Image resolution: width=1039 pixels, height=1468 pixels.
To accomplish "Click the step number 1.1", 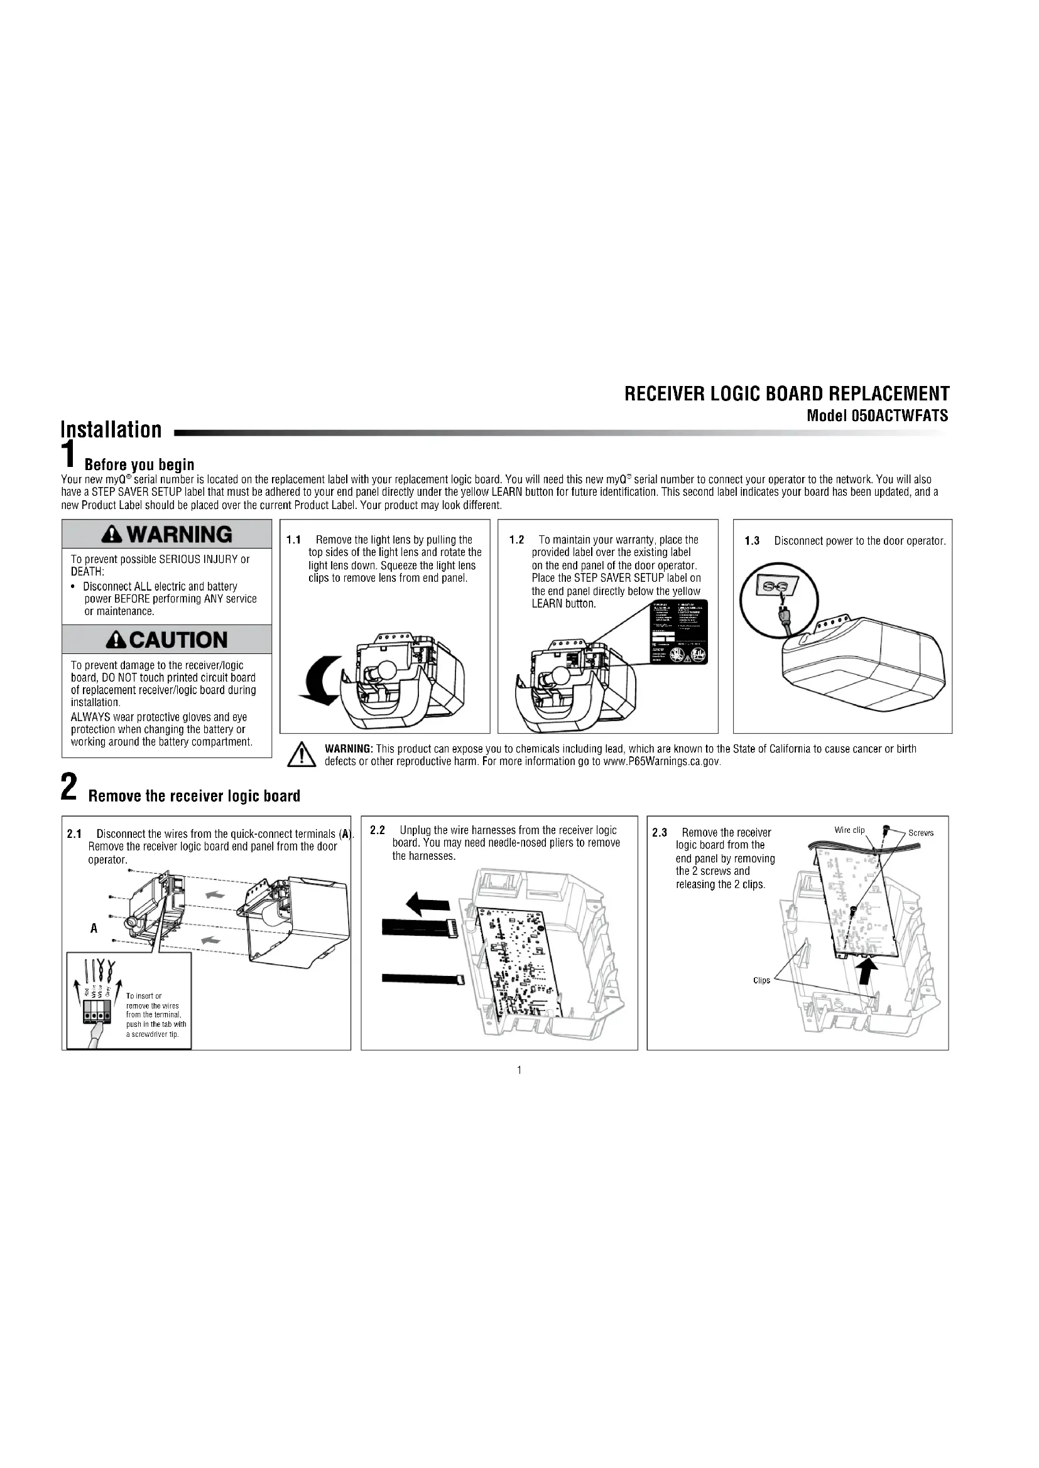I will tap(293, 540).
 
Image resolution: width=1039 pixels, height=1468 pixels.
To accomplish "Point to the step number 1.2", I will tap(516, 540).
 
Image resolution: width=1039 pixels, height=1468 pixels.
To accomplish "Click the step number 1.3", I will tap(752, 541).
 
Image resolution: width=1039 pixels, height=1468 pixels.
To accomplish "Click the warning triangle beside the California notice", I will tap(299, 755).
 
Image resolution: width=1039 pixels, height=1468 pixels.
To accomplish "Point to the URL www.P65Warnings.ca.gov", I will tap(661, 761).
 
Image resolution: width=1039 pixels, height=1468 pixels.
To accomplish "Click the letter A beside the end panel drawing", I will tap(94, 928).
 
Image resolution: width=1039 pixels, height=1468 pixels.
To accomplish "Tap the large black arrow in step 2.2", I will tap(428, 903).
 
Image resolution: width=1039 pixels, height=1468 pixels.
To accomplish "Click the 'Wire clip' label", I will tap(849, 830).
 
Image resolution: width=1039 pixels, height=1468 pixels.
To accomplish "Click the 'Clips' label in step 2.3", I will tap(761, 981).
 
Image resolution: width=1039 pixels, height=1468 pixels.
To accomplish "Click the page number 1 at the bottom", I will tap(519, 1070).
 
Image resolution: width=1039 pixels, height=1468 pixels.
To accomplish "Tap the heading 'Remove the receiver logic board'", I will tap(193, 796).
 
